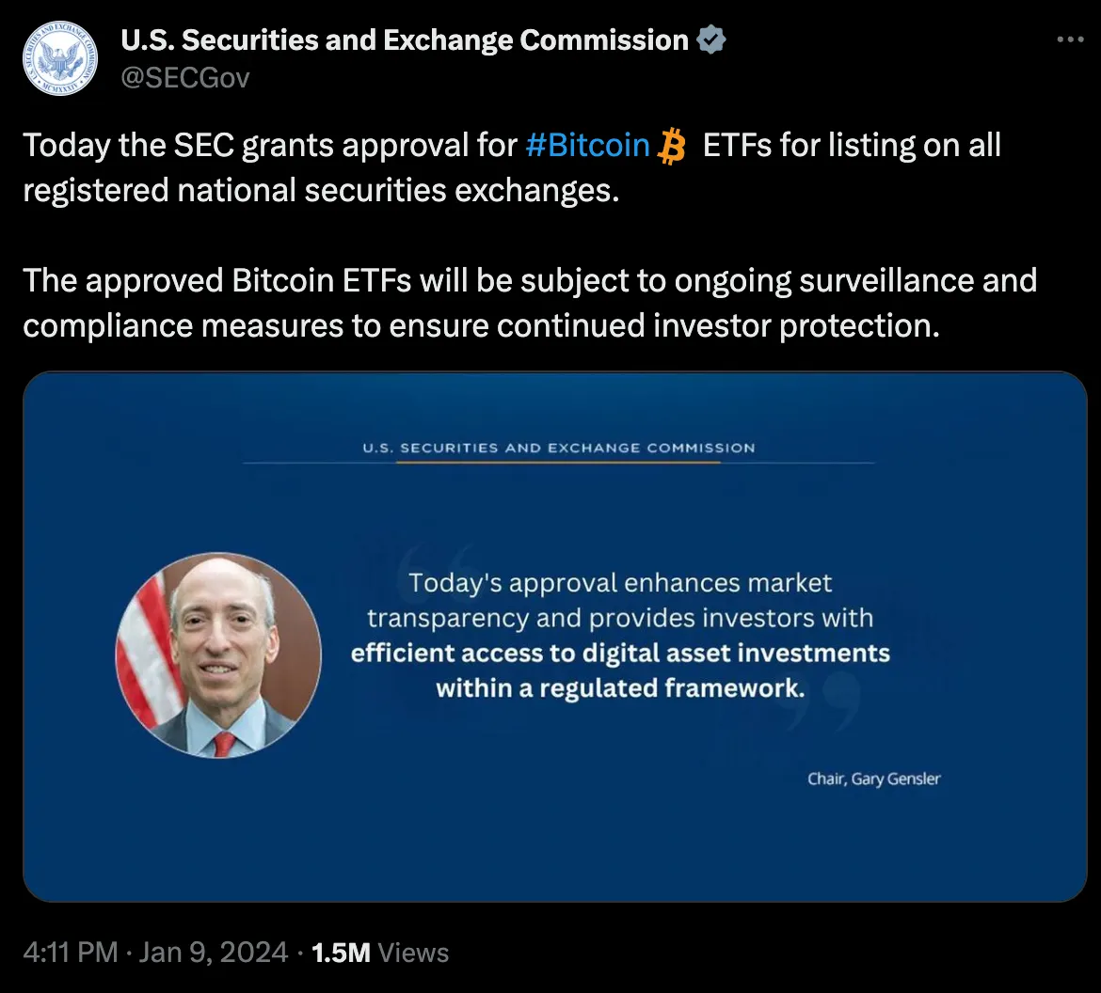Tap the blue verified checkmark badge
click(710, 40)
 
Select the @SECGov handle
click(185, 77)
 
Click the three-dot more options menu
click(1071, 40)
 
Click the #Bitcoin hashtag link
click(587, 146)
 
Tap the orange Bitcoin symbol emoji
click(672, 147)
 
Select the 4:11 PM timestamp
click(70, 953)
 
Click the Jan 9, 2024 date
click(213, 953)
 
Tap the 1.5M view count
click(341, 953)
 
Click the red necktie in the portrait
click(224, 744)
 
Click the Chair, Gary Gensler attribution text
click(873, 779)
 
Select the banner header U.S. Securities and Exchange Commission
click(559, 448)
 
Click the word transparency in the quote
click(448, 618)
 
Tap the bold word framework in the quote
click(735, 687)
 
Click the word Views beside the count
click(413, 953)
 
